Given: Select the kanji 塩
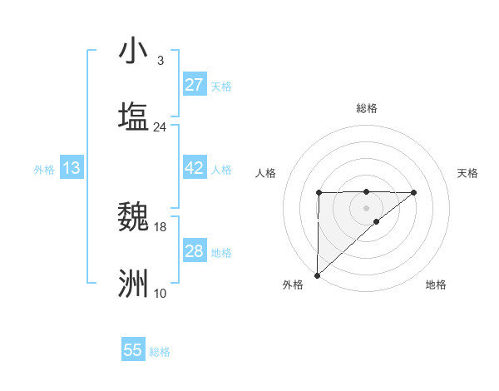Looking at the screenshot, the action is point(133,116).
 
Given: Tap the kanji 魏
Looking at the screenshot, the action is point(133,217).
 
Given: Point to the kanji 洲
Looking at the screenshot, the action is point(133,283).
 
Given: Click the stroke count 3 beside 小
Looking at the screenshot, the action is point(160,61).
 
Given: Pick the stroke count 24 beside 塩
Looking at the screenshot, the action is point(160,126).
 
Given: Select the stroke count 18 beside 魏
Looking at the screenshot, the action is point(160,226).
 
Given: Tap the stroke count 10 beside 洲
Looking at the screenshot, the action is point(160,293).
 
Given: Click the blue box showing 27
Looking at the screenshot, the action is point(195,85).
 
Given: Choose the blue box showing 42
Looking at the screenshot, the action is point(195,168).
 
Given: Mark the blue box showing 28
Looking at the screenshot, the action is point(195,251).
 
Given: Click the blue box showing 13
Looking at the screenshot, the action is point(72,168).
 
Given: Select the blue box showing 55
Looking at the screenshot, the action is point(133,350).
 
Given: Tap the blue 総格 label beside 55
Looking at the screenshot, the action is point(160,352).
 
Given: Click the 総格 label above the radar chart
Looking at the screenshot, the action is point(366,108).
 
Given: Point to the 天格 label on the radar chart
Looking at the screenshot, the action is point(467,173).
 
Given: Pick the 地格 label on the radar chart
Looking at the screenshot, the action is point(436,285).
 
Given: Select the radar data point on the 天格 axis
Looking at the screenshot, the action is point(414,192).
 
